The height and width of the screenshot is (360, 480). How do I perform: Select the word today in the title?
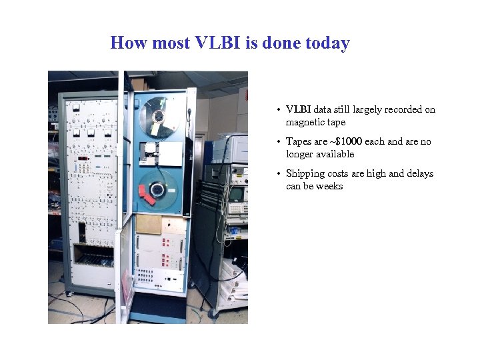tap(327, 43)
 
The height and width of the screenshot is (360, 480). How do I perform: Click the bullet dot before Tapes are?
tap(280, 142)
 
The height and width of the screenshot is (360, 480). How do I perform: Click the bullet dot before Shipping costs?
tap(280, 174)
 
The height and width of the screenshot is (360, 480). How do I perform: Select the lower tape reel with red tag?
tap(157, 190)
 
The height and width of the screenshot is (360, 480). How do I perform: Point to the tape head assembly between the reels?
tap(159, 153)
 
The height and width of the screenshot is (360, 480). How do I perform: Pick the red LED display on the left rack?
tap(83, 159)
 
